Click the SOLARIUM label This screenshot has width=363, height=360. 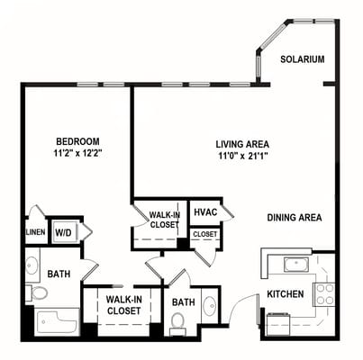point(302,59)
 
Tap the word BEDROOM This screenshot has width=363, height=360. point(78,141)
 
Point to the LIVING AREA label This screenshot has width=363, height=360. point(242,144)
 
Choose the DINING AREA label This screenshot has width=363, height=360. point(295,217)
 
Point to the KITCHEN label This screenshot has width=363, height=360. point(285,294)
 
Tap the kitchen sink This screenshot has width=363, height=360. point(294,265)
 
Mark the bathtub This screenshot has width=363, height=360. point(57,321)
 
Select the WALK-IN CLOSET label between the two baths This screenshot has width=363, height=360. point(123,305)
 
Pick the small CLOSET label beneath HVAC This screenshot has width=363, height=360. point(204,234)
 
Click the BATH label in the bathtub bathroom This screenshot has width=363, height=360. point(59,274)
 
